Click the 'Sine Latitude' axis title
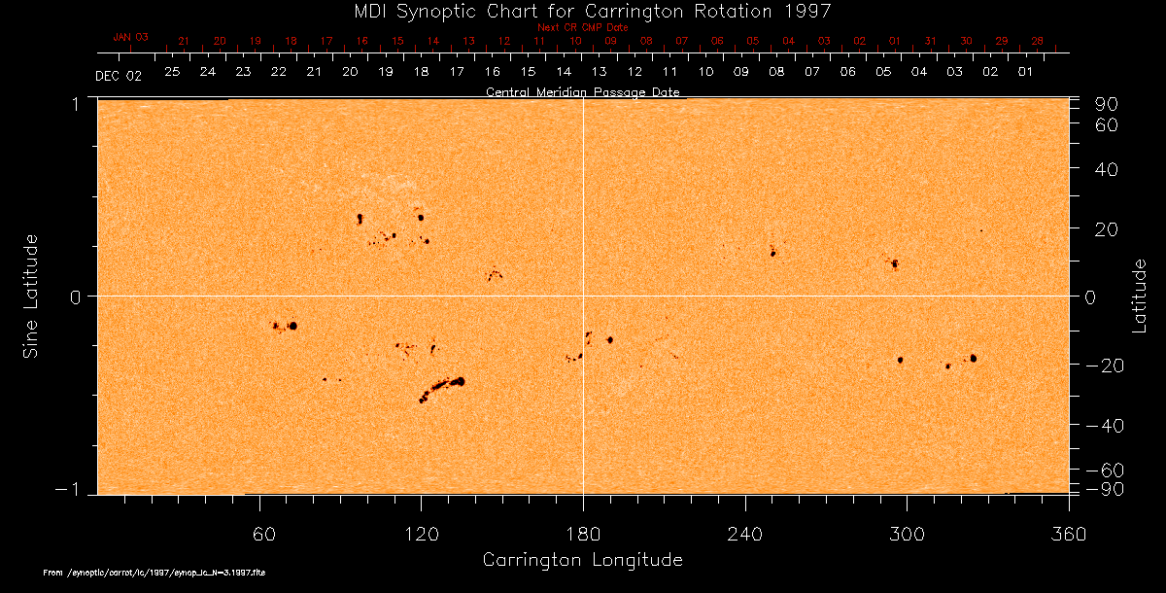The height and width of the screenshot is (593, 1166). (31, 296)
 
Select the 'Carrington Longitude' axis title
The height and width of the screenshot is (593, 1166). (582, 560)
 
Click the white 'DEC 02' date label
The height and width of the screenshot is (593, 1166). (119, 76)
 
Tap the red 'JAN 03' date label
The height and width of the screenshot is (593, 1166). (130, 36)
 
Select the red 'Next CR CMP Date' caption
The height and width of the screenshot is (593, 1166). (583, 27)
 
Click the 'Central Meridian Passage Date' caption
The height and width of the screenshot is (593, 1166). (582, 92)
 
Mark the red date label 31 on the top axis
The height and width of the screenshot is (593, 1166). (930, 42)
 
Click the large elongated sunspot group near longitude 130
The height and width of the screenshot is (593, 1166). (442, 388)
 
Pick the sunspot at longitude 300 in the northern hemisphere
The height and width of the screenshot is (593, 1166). (894, 263)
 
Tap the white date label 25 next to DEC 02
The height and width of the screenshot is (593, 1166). (172, 72)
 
